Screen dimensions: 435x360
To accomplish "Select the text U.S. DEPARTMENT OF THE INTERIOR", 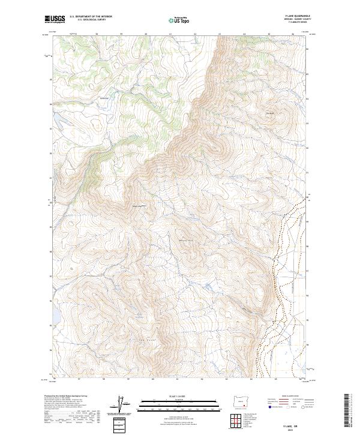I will [x=90, y=16].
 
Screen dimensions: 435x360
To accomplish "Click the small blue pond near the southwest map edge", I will [x=55, y=314].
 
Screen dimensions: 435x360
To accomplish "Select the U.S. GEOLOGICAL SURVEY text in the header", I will [x=90, y=20].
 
